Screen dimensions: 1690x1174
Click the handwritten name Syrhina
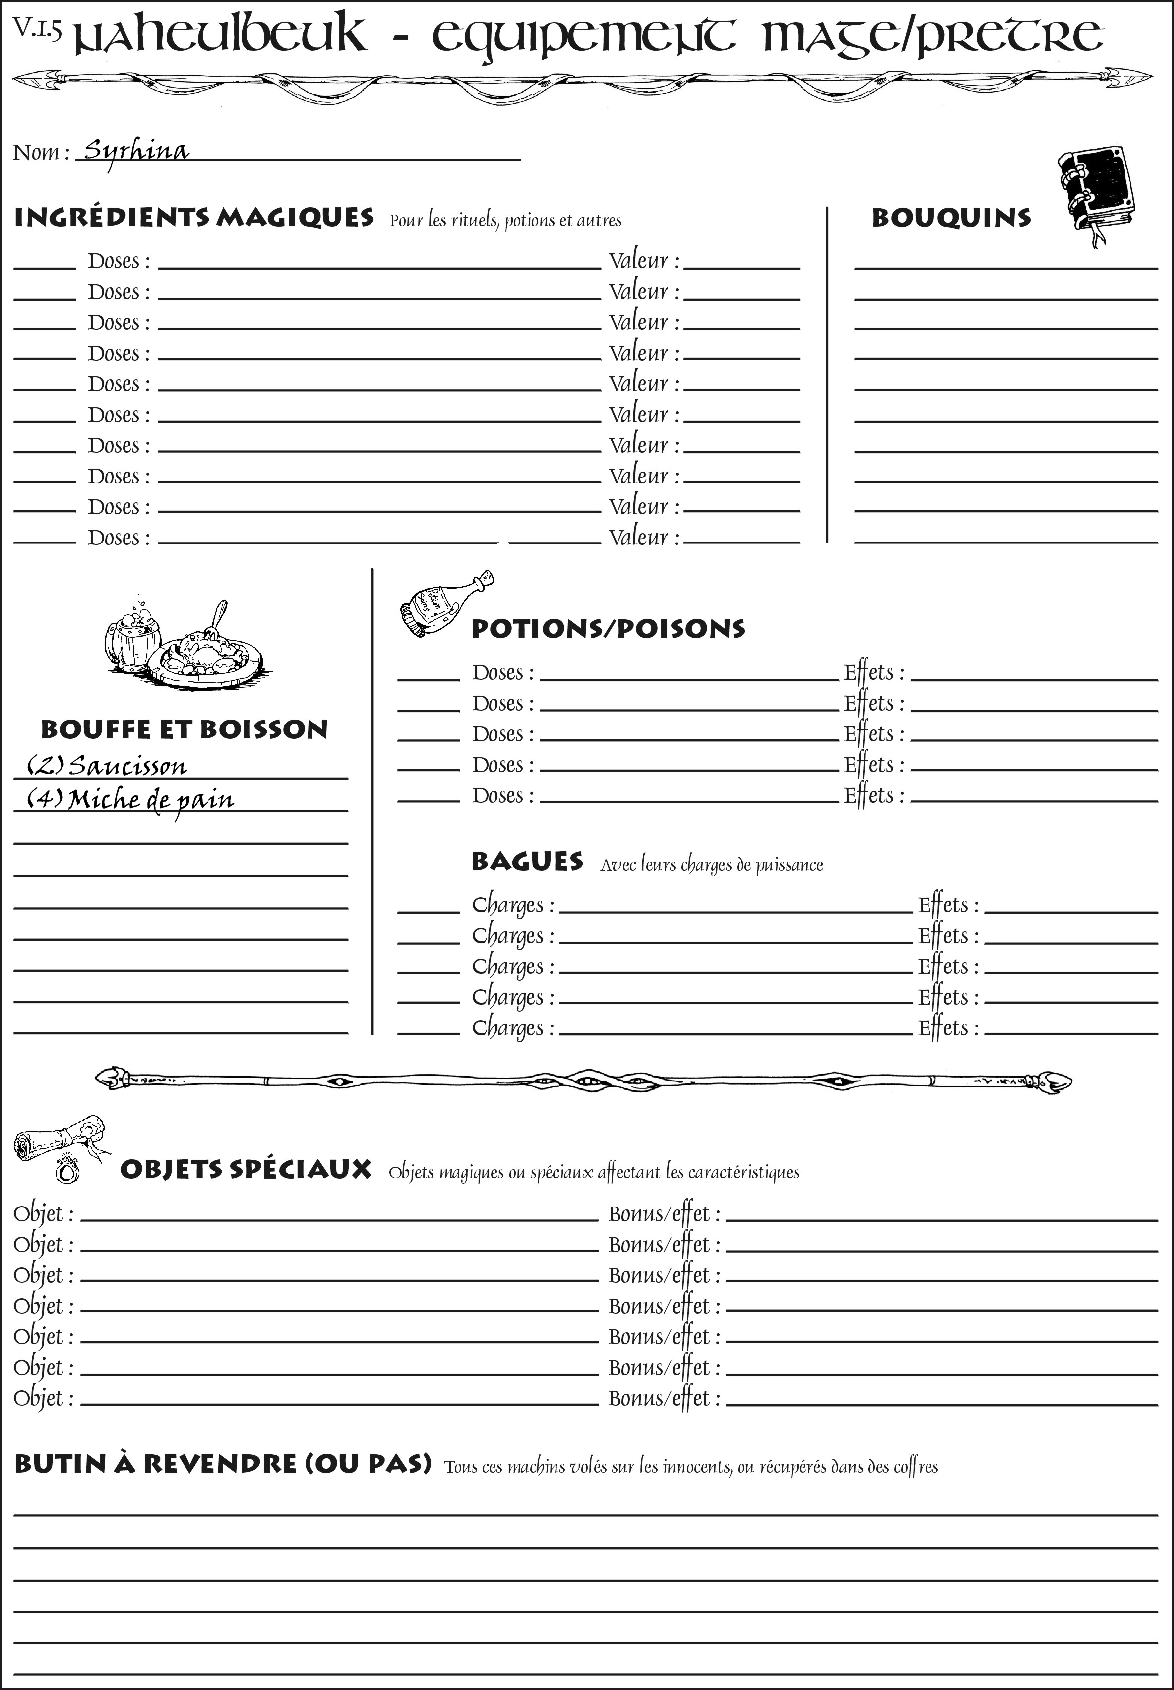(x=136, y=151)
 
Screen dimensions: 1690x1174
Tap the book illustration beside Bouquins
(x=1097, y=191)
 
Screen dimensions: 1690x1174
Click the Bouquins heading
(x=951, y=218)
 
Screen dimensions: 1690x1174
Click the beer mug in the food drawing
(x=132, y=638)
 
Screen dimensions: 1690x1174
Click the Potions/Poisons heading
(x=608, y=629)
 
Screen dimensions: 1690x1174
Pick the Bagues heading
(x=527, y=862)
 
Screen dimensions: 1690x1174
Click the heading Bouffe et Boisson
(x=184, y=729)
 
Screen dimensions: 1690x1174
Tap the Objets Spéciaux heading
(x=245, y=1169)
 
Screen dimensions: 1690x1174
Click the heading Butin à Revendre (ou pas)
(x=222, y=1463)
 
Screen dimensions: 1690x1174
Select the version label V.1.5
(x=37, y=29)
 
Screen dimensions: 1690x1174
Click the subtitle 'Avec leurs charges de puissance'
(x=711, y=865)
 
